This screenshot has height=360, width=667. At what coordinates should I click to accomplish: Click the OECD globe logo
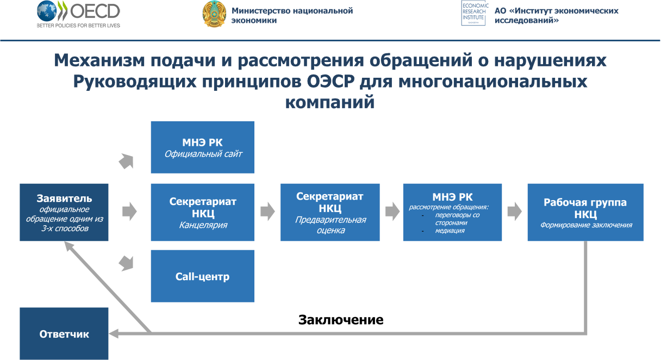(47, 11)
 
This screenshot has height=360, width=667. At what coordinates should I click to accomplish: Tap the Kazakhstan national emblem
(214, 14)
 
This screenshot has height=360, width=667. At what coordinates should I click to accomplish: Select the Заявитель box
(64, 212)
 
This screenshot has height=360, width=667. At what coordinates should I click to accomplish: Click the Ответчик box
(64, 333)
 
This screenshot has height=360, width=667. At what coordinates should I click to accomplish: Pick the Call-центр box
(202, 276)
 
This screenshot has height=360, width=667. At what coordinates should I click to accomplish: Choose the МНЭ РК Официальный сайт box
(202, 147)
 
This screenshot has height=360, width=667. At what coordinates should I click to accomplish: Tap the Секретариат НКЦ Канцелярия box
(202, 212)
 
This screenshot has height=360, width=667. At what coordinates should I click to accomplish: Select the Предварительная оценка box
(330, 212)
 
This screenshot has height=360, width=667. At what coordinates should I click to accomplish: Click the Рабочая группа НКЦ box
(585, 212)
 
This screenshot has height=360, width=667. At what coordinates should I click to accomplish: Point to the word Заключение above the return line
(341, 320)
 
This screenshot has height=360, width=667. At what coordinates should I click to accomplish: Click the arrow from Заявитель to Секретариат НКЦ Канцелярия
(129, 212)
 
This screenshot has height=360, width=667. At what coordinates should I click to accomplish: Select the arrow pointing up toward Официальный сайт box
(126, 162)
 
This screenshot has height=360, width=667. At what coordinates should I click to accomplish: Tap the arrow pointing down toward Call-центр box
(126, 263)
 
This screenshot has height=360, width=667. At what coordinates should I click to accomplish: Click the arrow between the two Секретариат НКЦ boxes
(267, 212)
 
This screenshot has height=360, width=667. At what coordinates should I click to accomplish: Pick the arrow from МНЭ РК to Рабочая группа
(515, 212)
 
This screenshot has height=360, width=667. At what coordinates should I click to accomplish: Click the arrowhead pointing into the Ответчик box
(114, 333)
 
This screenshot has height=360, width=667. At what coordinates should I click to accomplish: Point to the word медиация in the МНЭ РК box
(450, 231)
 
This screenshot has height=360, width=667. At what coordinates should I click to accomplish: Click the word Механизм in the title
(99, 60)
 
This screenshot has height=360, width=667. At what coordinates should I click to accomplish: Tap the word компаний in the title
(329, 102)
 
